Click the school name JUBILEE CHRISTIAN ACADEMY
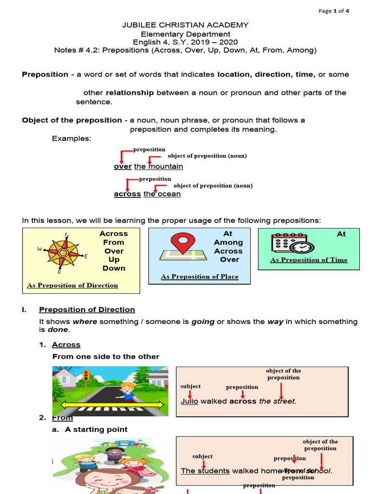[185, 25]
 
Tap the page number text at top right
[333, 12]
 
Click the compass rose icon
[62, 250]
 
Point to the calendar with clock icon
[291, 243]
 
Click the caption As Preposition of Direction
[72, 286]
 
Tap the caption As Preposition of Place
[200, 277]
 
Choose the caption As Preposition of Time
[309, 260]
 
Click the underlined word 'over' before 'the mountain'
[123, 166]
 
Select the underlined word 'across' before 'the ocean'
[128, 194]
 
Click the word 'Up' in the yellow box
[114, 260]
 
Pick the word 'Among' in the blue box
[228, 243]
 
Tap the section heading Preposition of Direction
[87, 310]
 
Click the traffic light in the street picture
[86, 375]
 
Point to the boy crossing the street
[127, 392]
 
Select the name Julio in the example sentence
[189, 401]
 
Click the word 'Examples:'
[71, 139]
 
